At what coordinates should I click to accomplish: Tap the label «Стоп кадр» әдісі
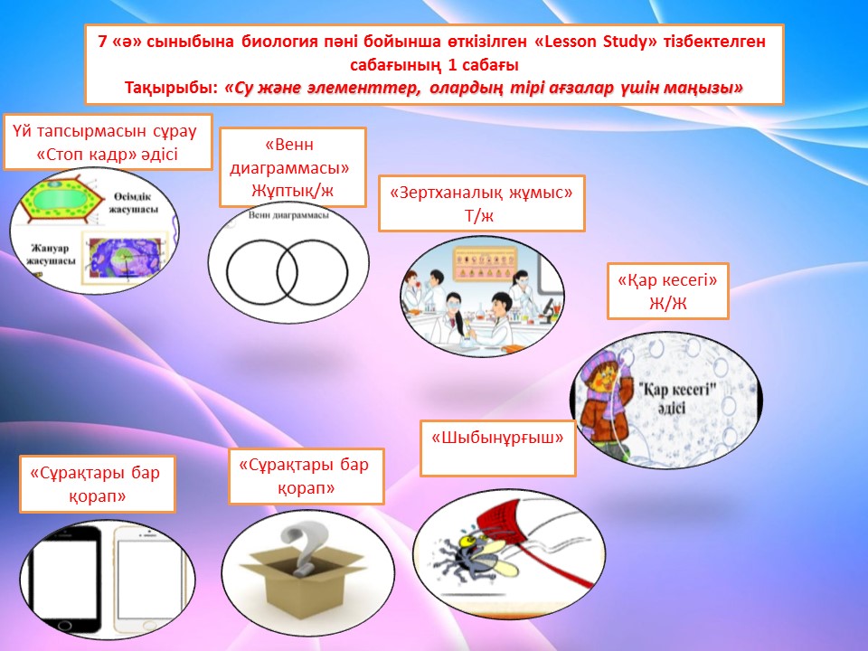[x=108, y=154]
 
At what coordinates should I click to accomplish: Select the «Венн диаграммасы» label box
[x=292, y=167]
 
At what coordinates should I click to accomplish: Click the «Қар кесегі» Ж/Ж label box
[x=667, y=290]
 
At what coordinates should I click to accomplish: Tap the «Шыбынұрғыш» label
[x=497, y=438]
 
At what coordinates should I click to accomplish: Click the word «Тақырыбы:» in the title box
[x=174, y=88]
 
